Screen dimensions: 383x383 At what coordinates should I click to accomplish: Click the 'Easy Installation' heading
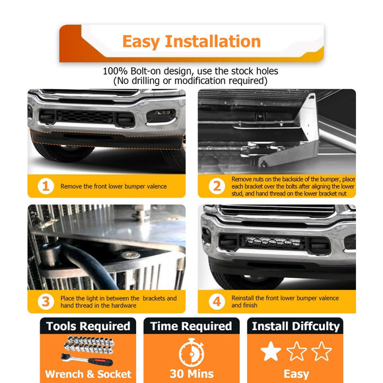coord(191,42)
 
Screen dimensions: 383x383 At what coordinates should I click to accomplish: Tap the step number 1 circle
coord(45,186)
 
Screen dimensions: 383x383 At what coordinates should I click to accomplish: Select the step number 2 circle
coord(217,186)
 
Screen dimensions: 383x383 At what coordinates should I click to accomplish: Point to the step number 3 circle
coord(45,302)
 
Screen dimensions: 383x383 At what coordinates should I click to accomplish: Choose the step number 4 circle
coord(217,302)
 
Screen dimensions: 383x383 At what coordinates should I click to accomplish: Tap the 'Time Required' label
coord(191,326)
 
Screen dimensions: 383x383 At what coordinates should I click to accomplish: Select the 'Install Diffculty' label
coord(296,326)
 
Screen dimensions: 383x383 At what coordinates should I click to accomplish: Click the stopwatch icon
coord(191,351)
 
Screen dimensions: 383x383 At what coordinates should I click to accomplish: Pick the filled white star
coord(271,351)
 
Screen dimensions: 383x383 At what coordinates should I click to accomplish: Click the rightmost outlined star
coord(322,351)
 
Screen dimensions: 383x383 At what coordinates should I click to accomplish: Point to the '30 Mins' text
coord(191,374)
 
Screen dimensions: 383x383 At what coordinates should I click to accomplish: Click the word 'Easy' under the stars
coord(296,374)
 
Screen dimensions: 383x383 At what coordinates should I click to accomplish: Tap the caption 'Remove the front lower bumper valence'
coord(114,186)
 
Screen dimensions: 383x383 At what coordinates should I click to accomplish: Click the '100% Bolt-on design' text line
coord(191,71)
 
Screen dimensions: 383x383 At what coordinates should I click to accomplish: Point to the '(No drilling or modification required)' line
coord(191,81)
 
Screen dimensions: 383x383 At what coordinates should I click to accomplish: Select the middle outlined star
coord(296,351)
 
